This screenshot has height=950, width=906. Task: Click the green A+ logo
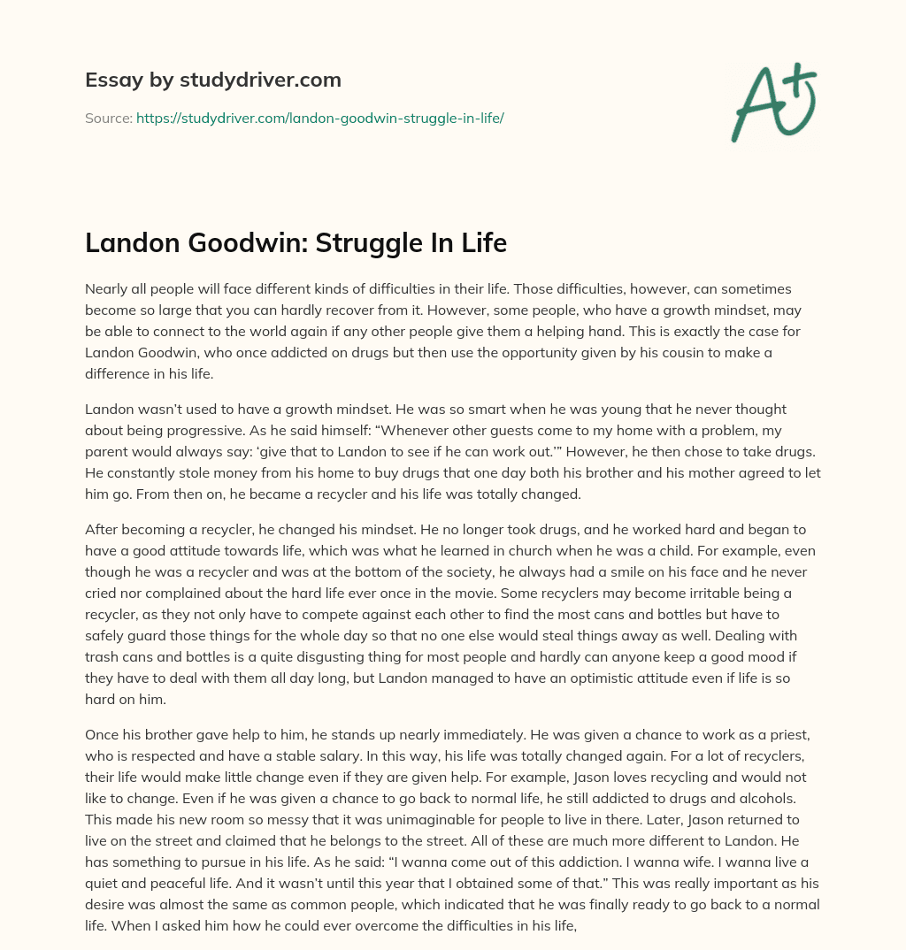pos(773,103)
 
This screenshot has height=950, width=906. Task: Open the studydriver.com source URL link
pos(319,118)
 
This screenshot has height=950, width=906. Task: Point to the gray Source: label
pos(108,118)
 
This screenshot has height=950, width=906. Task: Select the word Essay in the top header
pos(110,80)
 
